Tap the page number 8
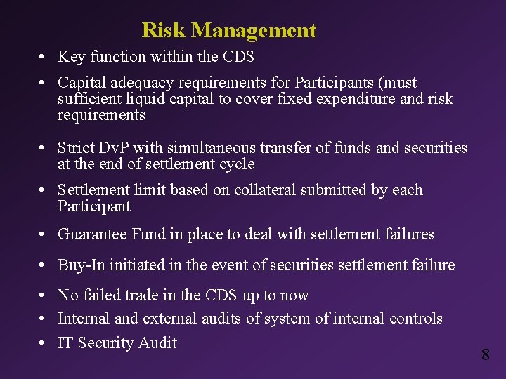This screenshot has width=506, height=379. (486, 354)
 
